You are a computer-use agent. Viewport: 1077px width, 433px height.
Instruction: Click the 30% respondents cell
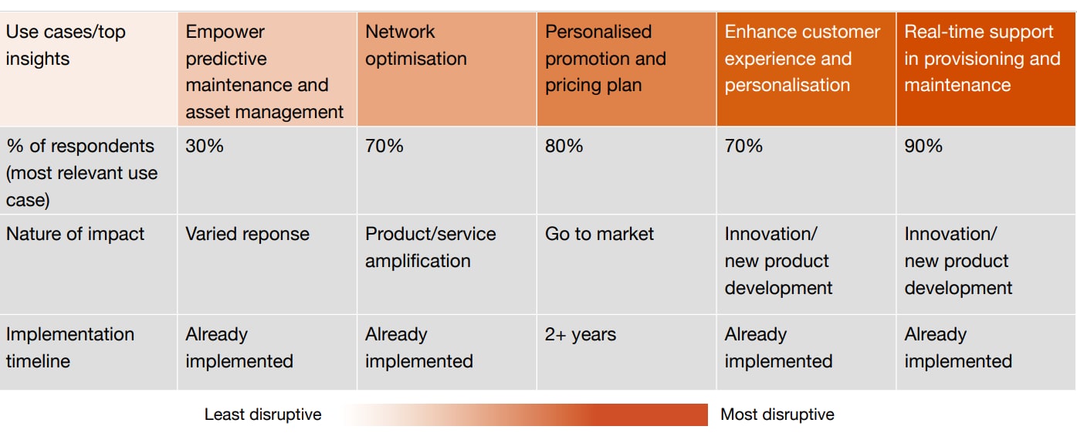coord(205,146)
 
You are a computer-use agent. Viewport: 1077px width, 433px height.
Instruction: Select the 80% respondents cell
coord(564,146)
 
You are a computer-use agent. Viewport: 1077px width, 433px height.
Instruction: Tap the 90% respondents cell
coord(923,146)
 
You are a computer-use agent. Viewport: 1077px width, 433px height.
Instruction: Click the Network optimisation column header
coord(416,46)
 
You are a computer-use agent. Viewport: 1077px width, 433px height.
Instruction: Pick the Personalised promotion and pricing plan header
coord(605,59)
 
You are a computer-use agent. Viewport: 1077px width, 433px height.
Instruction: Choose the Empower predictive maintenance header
coord(264,72)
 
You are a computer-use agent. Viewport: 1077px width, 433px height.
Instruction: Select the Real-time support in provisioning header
coord(982,59)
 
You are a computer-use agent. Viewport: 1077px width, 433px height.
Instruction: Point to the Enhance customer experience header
coord(802,59)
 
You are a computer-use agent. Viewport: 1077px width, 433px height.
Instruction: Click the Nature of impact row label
coord(75,234)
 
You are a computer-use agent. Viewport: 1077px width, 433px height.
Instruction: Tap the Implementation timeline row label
coord(69,347)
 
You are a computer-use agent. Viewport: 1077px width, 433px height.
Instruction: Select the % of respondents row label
coord(81,173)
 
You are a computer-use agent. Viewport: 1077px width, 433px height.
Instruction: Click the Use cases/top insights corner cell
coord(66,46)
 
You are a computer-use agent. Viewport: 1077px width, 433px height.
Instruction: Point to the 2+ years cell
coord(581,334)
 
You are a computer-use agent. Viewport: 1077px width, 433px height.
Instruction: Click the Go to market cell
coord(599,234)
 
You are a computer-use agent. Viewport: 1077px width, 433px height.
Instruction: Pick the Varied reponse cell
coord(247,234)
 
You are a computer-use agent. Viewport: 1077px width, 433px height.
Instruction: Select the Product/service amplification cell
coord(431,247)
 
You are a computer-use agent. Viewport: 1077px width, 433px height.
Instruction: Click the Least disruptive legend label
coord(262,414)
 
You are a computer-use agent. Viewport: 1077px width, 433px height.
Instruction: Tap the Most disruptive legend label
coord(777,414)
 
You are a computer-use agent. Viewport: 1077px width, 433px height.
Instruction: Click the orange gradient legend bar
coord(525,414)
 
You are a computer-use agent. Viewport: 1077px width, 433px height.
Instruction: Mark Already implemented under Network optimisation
coord(418,347)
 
